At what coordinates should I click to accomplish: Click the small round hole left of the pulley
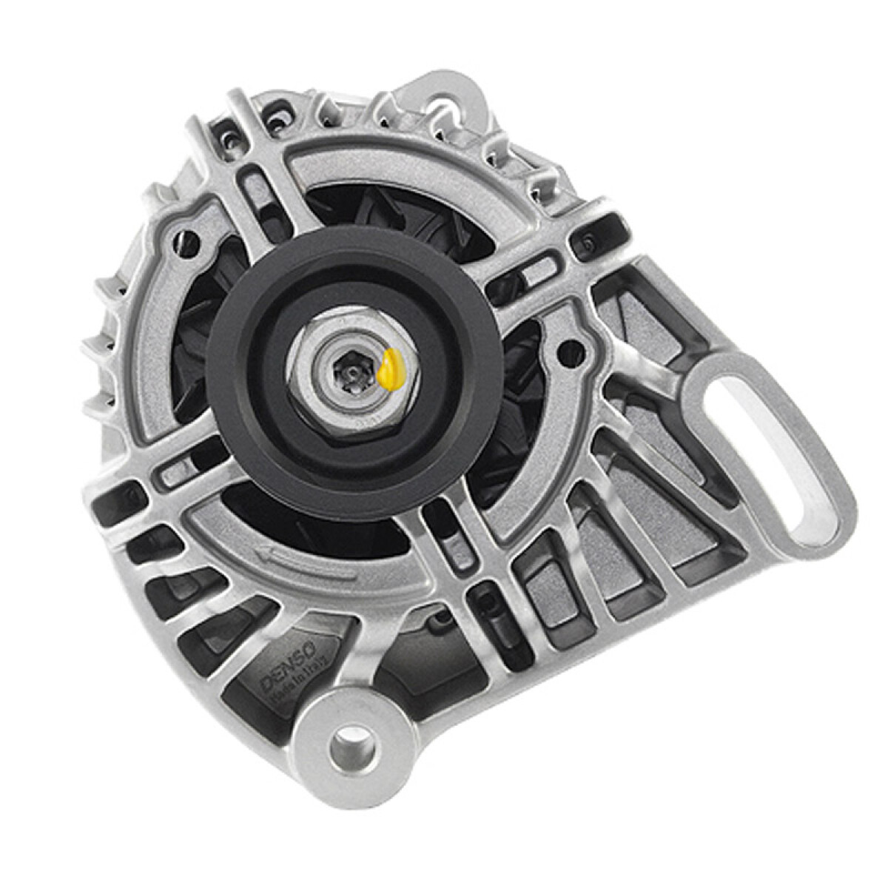pos(188,239)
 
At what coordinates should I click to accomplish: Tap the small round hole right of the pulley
pos(568,353)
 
